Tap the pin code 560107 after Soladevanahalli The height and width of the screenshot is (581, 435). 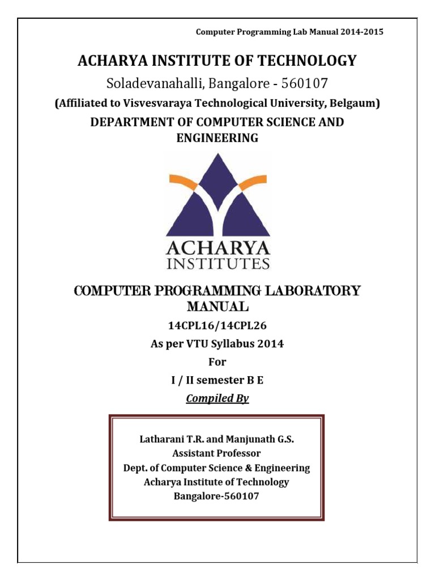pyautogui.click(x=301, y=83)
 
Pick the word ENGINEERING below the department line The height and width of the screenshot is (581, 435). pyautogui.click(x=217, y=138)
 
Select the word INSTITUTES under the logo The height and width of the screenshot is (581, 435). pyautogui.click(x=218, y=263)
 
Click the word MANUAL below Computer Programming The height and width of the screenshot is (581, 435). pyautogui.click(x=217, y=308)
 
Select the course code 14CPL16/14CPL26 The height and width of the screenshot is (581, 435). pyautogui.click(x=217, y=326)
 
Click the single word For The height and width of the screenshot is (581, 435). pyautogui.click(x=217, y=362)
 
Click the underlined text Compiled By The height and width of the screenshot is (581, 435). pyautogui.click(x=217, y=398)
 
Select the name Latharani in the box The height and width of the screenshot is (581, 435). pyautogui.click(x=163, y=439)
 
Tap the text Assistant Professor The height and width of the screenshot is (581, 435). pyautogui.click(x=217, y=453)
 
